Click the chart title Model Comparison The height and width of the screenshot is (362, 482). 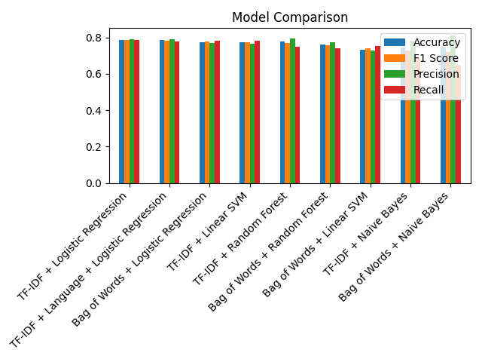[x=290, y=17]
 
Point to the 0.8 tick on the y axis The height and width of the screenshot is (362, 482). [x=93, y=38]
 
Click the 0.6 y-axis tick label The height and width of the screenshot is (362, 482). [x=93, y=74]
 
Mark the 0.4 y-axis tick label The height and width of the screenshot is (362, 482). [x=93, y=111]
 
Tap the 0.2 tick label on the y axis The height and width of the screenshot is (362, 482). [x=93, y=147]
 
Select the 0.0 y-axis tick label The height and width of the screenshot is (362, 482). [x=93, y=183]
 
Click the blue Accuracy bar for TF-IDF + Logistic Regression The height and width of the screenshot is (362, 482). [x=122, y=113]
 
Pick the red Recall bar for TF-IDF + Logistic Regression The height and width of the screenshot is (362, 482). [x=137, y=113]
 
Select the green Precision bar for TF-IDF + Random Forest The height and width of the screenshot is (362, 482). [x=293, y=113]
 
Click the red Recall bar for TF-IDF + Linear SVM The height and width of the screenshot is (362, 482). [x=258, y=113]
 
